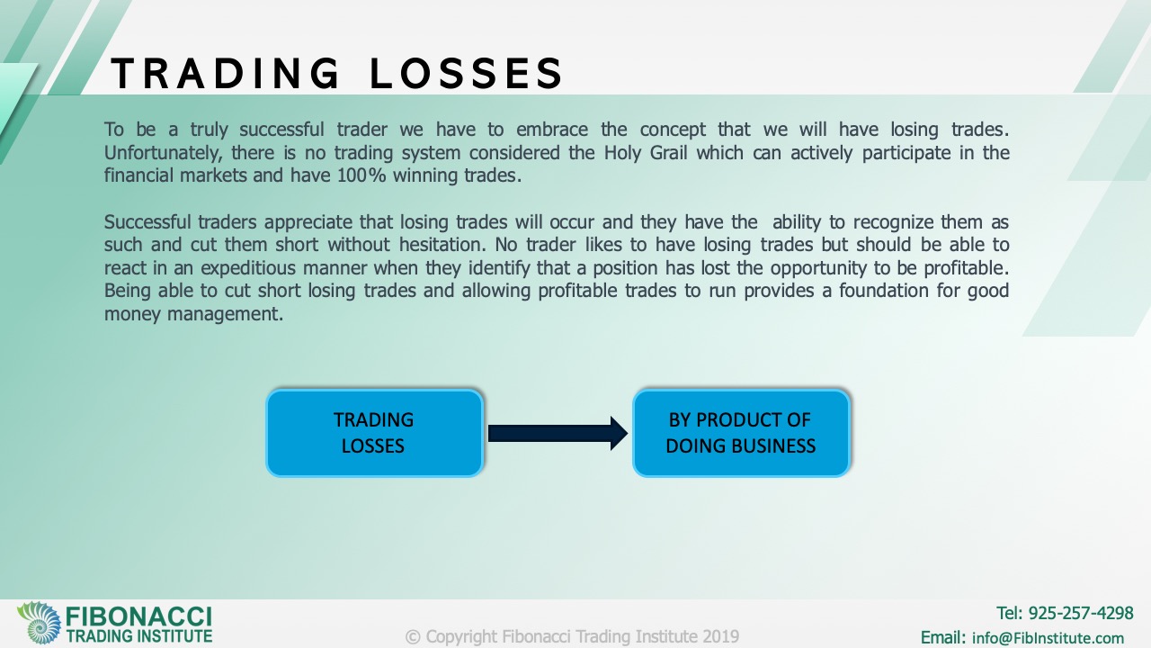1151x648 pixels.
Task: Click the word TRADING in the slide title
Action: click(225, 73)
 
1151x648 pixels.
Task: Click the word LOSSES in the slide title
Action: click(467, 73)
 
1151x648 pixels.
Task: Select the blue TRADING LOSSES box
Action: click(375, 433)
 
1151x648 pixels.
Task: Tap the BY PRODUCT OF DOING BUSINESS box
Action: click(741, 433)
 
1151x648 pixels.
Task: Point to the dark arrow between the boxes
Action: click(558, 434)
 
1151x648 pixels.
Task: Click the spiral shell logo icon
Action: click(40, 623)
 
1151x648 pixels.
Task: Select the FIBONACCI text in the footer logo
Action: click(138, 616)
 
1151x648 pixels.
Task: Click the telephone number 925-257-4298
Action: click(1081, 613)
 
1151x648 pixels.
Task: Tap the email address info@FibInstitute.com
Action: click(1048, 638)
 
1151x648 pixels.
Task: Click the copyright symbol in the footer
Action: click(413, 637)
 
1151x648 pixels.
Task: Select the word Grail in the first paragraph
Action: click(668, 153)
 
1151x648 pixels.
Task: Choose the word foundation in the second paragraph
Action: click(883, 291)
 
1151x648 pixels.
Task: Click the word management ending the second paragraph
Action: click(225, 314)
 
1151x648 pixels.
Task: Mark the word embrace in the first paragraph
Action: click(552, 130)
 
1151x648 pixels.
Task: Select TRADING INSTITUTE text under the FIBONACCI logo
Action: click(138, 636)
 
